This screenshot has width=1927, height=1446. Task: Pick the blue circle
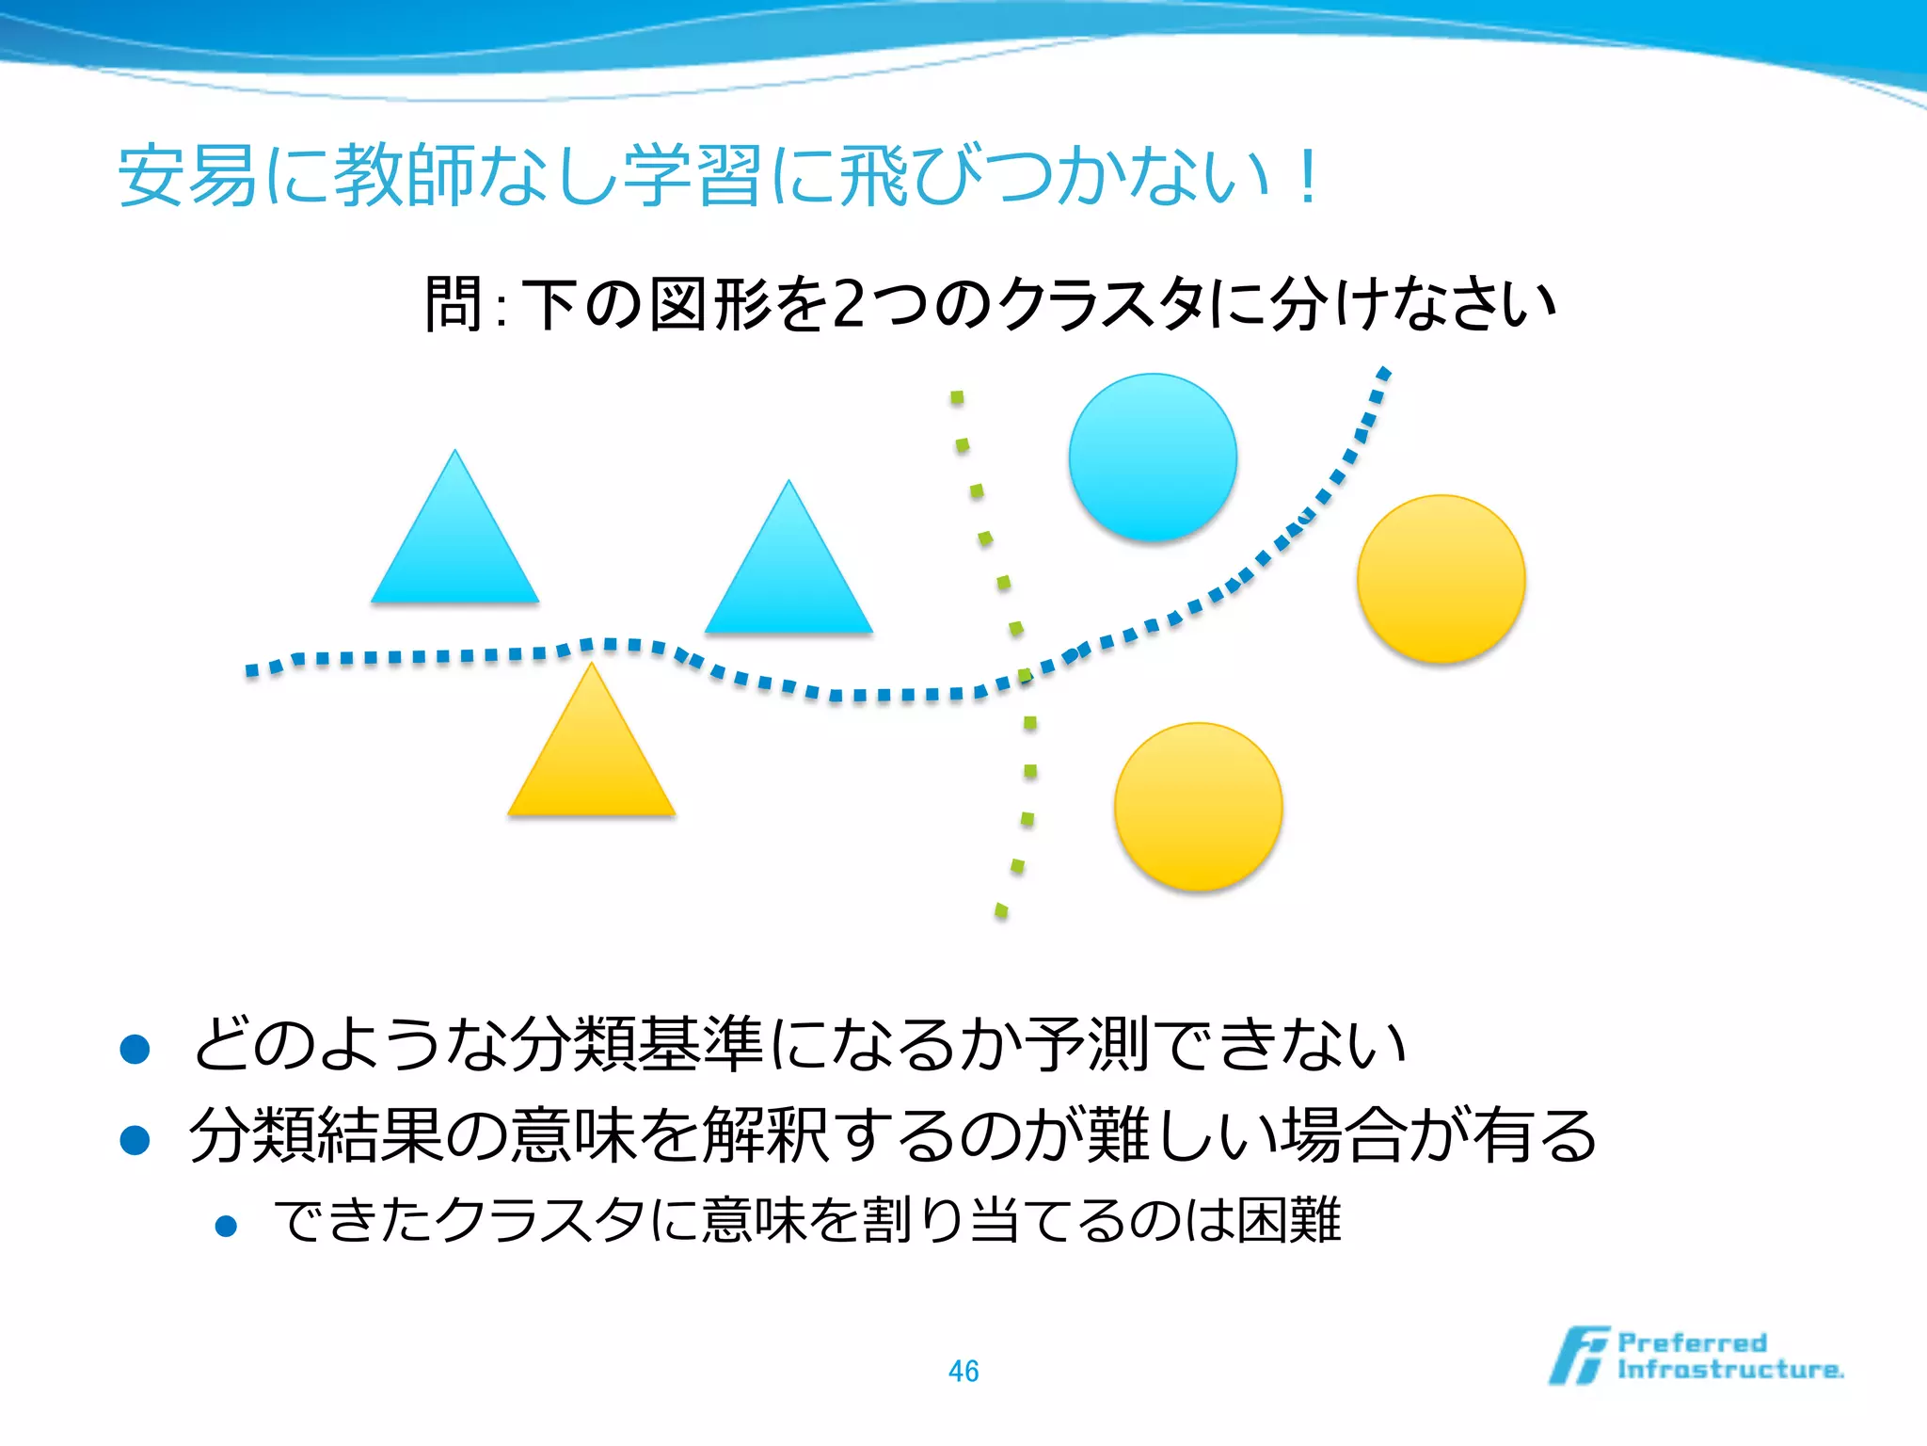pyautogui.click(x=1153, y=458)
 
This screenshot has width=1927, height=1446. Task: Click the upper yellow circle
pyautogui.click(x=1441, y=579)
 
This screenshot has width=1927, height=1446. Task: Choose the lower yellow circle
pyautogui.click(x=1198, y=807)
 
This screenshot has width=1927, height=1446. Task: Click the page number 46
pyautogui.click(x=963, y=1371)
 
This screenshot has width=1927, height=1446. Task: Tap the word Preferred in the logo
pyautogui.click(x=1692, y=1342)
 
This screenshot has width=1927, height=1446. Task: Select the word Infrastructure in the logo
pyautogui.click(x=1729, y=1370)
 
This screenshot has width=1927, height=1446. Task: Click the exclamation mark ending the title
pyautogui.click(x=1307, y=176)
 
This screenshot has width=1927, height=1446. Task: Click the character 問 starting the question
pyautogui.click(x=454, y=304)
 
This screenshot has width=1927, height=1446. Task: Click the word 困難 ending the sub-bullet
pyautogui.click(x=1288, y=1221)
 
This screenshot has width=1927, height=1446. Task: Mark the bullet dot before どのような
pyautogui.click(x=135, y=1049)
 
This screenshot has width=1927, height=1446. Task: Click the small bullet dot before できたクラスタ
pyautogui.click(x=226, y=1226)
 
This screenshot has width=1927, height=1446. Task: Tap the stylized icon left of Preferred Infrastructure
pyautogui.click(x=1579, y=1356)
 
